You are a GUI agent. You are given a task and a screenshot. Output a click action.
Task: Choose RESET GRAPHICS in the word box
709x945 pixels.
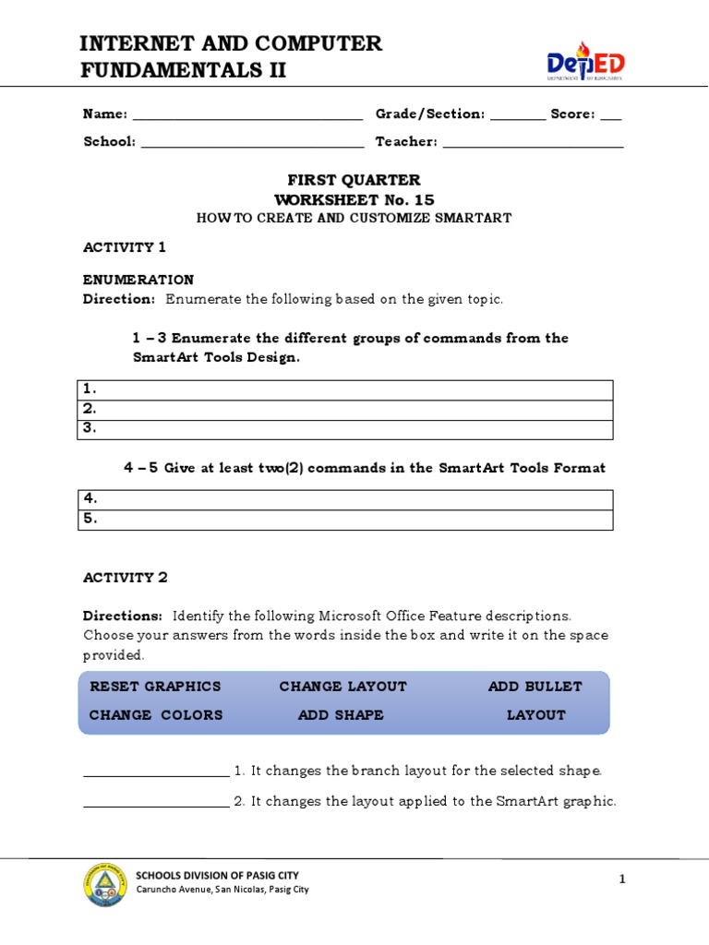tap(155, 687)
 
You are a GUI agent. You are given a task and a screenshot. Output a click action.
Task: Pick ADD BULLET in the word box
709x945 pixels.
tap(535, 687)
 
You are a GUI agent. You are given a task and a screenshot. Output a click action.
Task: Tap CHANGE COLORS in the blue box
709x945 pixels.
tap(156, 715)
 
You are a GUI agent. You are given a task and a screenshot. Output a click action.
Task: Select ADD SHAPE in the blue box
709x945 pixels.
tap(341, 715)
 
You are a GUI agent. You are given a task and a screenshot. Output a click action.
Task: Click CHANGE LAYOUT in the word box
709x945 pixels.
tap(342, 687)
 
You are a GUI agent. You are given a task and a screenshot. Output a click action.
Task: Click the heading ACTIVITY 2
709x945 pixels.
tap(126, 578)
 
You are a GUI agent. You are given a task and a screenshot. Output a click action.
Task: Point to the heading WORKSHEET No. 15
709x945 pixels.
tap(354, 200)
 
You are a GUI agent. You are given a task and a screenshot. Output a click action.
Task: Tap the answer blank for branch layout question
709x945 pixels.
tap(156, 772)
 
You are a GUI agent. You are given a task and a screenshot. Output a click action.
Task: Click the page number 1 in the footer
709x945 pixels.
tap(622, 880)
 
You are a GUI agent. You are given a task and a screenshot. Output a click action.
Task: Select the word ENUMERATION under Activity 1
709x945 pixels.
tap(138, 280)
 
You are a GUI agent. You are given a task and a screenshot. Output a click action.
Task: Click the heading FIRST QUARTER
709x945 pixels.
tap(354, 180)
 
